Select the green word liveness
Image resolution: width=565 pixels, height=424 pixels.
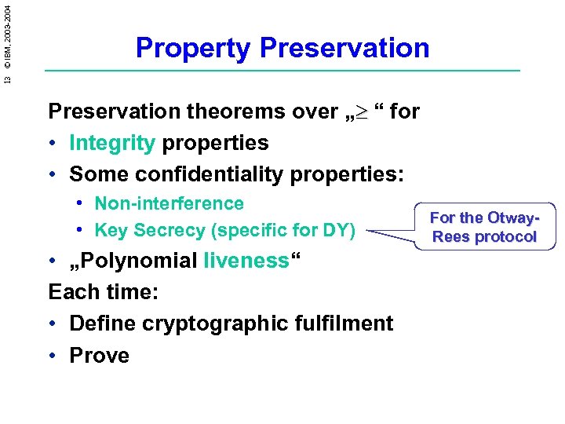(246, 261)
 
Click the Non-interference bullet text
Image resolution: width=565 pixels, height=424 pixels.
(169, 203)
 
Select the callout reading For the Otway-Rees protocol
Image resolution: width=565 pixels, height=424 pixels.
(484, 227)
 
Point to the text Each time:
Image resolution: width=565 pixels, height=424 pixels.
(104, 292)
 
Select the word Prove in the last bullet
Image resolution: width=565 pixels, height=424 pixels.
(99, 355)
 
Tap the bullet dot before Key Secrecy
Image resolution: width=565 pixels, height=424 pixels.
(81, 230)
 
